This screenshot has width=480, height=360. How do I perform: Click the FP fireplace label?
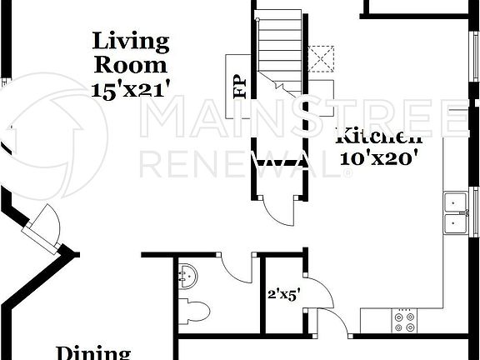[x=239, y=87]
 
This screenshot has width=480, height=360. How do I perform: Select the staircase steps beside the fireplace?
[x=279, y=46]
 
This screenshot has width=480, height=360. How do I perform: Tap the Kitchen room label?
[x=379, y=136]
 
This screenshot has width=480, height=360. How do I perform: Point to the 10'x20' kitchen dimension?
[x=379, y=157]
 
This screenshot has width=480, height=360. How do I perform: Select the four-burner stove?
[x=404, y=321]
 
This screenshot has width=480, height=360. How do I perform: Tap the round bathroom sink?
[x=187, y=274]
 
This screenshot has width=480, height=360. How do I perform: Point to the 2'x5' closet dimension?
[x=283, y=294]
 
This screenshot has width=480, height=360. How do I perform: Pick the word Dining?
[x=93, y=352]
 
